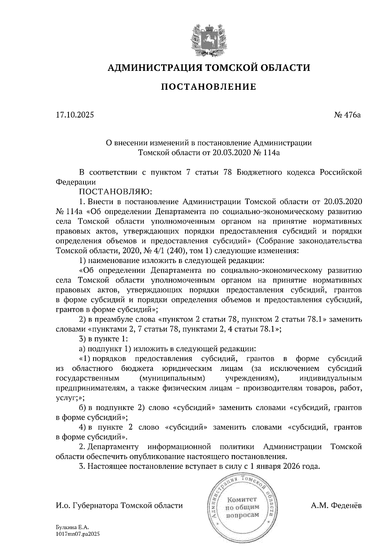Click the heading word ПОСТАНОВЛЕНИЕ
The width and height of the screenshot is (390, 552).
[x=209, y=87]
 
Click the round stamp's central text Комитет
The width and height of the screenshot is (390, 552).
[x=241, y=499]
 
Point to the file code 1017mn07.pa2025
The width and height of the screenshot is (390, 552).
[x=77, y=534]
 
